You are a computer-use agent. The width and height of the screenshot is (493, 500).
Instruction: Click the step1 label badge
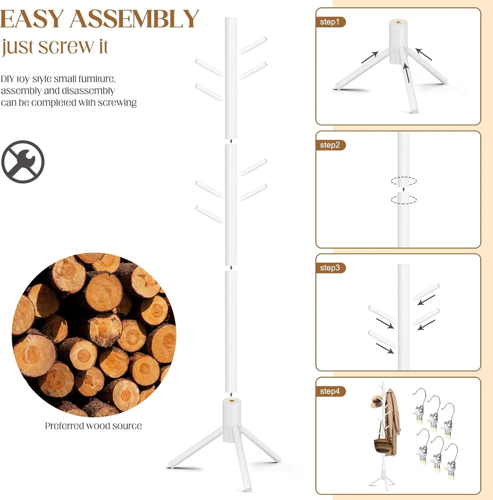tap(330, 22)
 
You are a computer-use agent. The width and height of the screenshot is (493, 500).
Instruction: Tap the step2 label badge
tap(330, 145)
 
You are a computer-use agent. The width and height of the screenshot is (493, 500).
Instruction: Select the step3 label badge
tap(330, 268)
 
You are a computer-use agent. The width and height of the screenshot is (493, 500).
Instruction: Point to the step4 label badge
tap(330, 391)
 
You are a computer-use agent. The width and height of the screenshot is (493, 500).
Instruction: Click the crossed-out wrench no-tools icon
tap(23, 162)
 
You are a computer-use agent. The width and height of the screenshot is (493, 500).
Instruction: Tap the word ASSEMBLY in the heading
tap(135, 19)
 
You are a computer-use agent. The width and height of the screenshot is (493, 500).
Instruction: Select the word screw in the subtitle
tap(66, 47)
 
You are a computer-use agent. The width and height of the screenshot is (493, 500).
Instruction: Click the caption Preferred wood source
tap(93, 426)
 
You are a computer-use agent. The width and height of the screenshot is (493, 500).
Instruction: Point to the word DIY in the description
tap(8, 79)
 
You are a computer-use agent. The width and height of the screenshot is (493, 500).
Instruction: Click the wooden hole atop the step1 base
tap(398, 22)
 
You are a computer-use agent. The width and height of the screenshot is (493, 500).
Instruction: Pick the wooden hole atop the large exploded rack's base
tap(232, 400)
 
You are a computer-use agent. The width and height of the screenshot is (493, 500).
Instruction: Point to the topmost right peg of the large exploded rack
tap(253, 45)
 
